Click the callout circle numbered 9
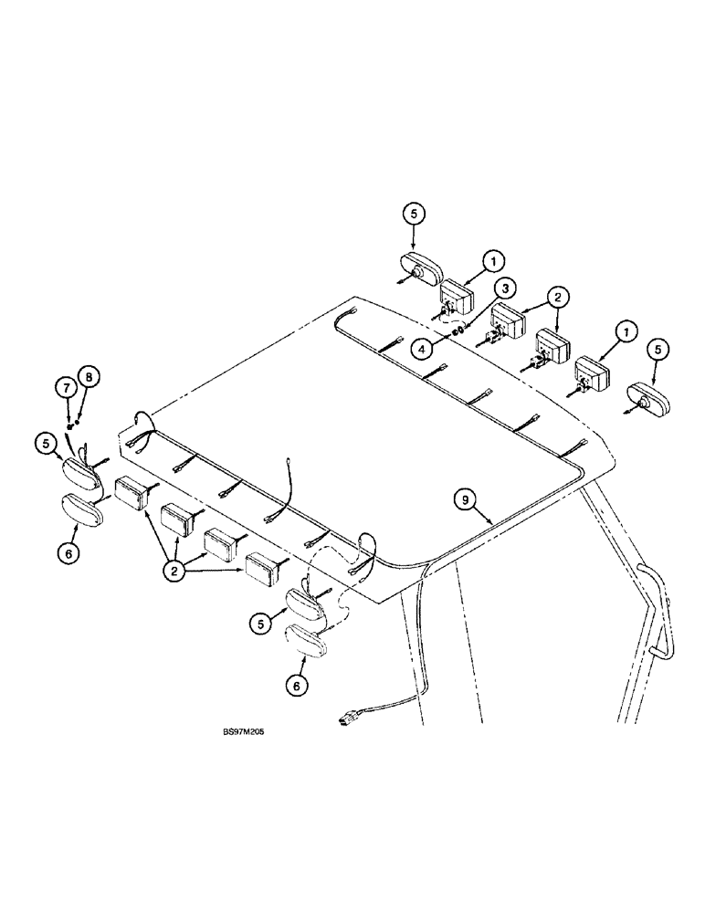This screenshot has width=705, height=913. (x=467, y=498)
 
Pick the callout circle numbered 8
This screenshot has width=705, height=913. (x=89, y=376)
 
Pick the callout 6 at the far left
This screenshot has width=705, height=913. (x=63, y=551)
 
